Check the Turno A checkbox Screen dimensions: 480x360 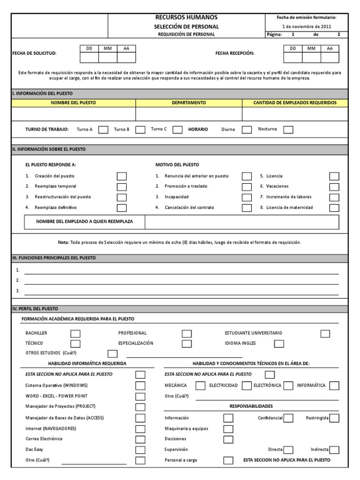click(x=103, y=130)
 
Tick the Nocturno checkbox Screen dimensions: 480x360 click(x=288, y=130)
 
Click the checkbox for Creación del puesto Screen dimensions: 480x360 click(x=121, y=176)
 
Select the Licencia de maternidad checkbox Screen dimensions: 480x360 click(x=334, y=208)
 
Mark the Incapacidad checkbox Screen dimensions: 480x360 click(x=247, y=197)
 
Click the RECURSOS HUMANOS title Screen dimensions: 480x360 click(x=186, y=17)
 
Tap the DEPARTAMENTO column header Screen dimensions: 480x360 click(x=188, y=103)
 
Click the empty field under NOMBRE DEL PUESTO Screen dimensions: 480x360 click(x=74, y=114)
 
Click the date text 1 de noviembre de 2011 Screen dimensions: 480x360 click(x=306, y=26)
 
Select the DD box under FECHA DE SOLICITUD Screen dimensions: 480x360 click(x=89, y=58)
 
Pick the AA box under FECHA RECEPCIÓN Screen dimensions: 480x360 click(x=330, y=58)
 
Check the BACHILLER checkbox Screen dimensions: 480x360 click(x=75, y=333)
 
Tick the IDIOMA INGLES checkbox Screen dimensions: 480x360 click(x=279, y=344)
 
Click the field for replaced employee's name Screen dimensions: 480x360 click(x=241, y=222)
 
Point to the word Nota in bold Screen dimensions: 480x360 click(x=63, y=242)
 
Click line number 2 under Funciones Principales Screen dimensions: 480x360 click(x=181, y=280)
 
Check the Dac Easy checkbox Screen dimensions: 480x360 click(x=140, y=450)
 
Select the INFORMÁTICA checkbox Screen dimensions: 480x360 click(x=334, y=386)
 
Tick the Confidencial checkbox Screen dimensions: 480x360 click(x=288, y=418)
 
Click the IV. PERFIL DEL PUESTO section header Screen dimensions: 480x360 click(x=35, y=309)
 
